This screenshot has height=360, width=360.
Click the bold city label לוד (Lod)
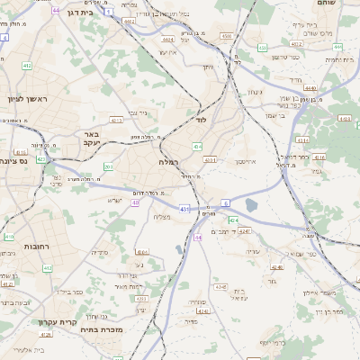click(202, 119)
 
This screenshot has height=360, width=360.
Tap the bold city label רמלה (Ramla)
click(167, 162)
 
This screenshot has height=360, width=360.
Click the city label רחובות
click(35, 247)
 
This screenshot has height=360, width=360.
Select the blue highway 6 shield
click(226, 203)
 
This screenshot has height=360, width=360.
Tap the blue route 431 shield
click(184, 209)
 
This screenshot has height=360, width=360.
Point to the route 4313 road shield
click(209, 159)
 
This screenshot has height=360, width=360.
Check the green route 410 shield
click(9, 238)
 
